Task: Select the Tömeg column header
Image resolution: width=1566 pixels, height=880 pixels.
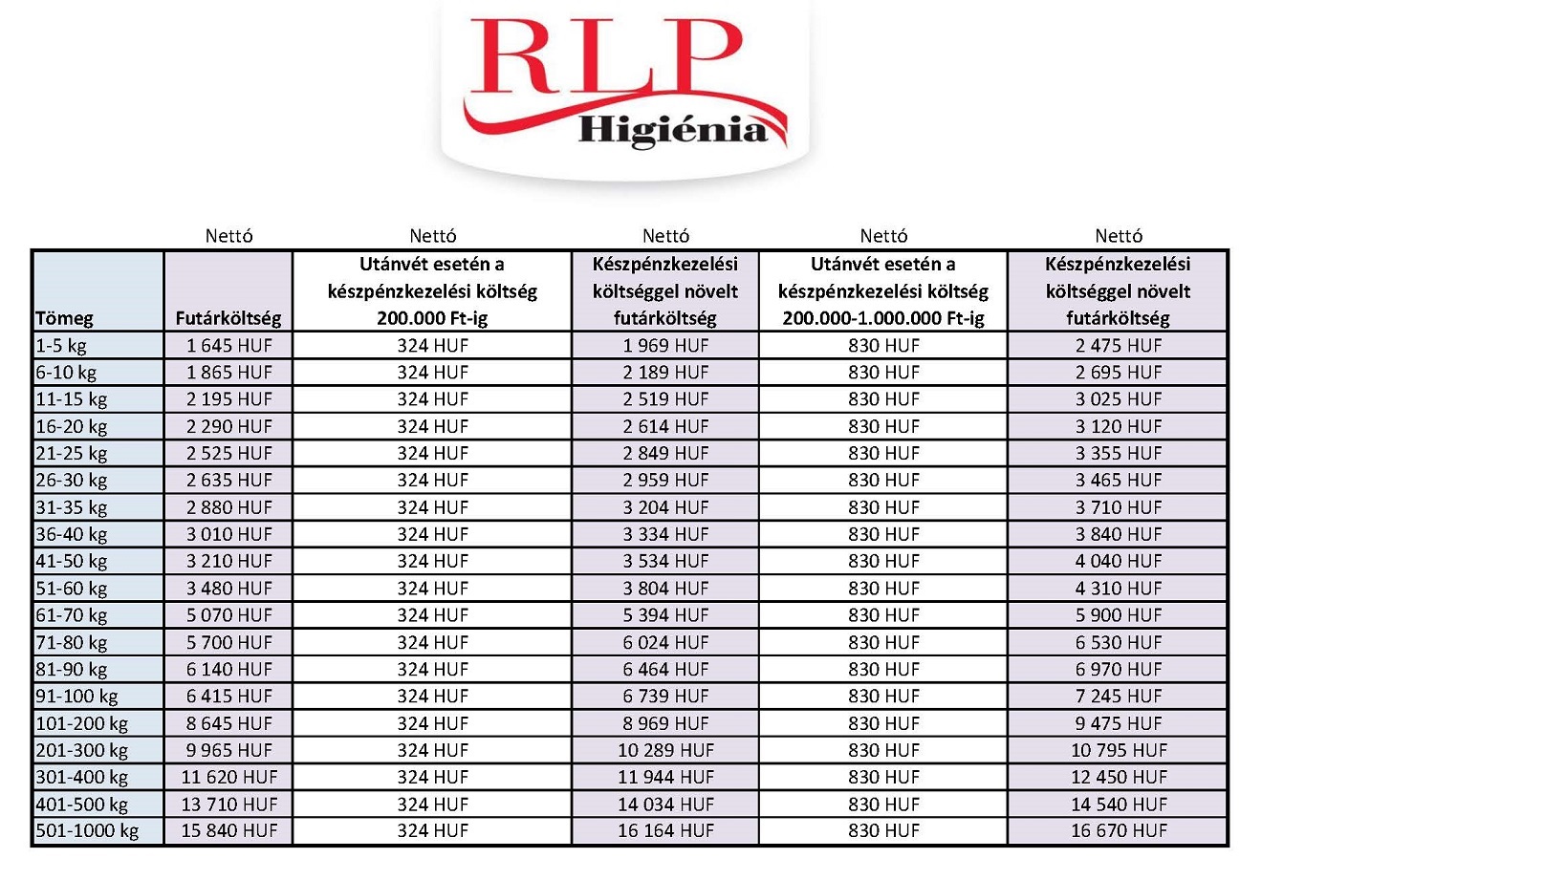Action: click(x=65, y=318)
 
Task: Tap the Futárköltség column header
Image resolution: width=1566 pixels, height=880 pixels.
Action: click(x=228, y=318)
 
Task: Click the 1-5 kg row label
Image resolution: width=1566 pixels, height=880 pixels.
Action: click(x=61, y=346)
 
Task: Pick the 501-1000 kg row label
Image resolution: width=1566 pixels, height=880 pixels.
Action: click(x=87, y=831)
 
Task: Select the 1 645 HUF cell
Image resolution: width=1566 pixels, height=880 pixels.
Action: click(x=228, y=346)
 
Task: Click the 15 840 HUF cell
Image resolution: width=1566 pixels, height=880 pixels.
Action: click(x=228, y=831)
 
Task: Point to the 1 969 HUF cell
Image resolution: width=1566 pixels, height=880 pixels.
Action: click(x=665, y=346)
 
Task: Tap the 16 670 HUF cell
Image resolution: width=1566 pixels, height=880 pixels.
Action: click(x=1119, y=831)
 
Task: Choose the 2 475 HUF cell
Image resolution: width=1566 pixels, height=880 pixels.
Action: click(x=1119, y=346)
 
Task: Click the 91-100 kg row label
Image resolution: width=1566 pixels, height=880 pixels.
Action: click(x=76, y=697)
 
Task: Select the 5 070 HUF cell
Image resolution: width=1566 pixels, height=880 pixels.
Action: click(x=228, y=615)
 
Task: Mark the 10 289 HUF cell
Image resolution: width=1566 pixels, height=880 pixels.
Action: click(x=665, y=750)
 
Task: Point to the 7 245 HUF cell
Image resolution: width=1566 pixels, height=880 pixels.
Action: click(x=1119, y=697)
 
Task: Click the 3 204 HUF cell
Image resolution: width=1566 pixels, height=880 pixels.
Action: click(x=665, y=507)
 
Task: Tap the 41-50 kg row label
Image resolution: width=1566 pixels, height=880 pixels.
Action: click(x=72, y=561)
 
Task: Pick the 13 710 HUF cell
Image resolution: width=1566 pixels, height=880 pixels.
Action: click(x=228, y=805)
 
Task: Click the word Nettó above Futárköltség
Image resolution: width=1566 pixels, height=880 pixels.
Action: click(x=228, y=236)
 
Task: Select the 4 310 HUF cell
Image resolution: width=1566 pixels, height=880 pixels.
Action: click(x=1119, y=589)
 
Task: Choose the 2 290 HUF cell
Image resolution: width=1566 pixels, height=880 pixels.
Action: click(x=228, y=426)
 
